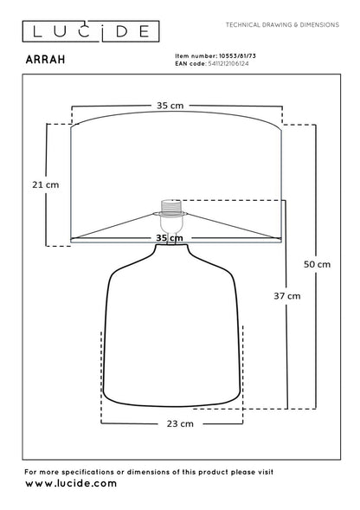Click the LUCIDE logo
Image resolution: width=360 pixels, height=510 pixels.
coord(91,31)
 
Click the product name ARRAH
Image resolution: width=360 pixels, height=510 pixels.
coord(46,60)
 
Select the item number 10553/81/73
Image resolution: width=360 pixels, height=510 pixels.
coord(237,56)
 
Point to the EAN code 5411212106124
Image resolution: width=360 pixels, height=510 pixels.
coord(228,63)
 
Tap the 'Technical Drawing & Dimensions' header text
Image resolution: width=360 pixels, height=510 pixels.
coord(282,25)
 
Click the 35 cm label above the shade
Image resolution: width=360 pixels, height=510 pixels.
coord(170,106)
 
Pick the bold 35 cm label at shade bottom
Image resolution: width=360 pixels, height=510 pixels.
coord(170,238)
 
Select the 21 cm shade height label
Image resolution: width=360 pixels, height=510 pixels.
coord(46,184)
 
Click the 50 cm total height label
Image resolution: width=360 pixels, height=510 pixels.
coord(317,264)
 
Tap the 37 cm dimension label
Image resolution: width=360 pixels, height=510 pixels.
coord(287,296)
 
